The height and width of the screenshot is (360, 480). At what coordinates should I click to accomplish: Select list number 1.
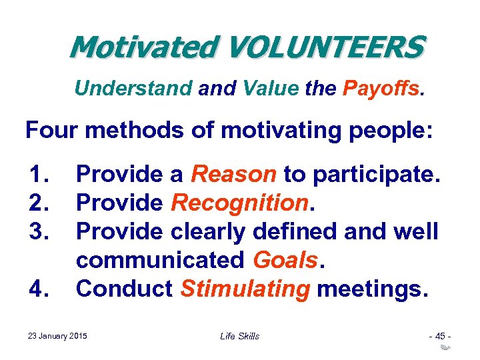point(41,175)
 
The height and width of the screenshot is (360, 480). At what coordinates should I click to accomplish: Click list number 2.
point(41,203)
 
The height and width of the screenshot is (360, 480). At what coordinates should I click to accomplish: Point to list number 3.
point(41,231)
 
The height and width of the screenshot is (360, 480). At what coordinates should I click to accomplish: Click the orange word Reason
point(233,175)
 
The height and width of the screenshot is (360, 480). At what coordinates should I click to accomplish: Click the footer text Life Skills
point(239,335)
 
